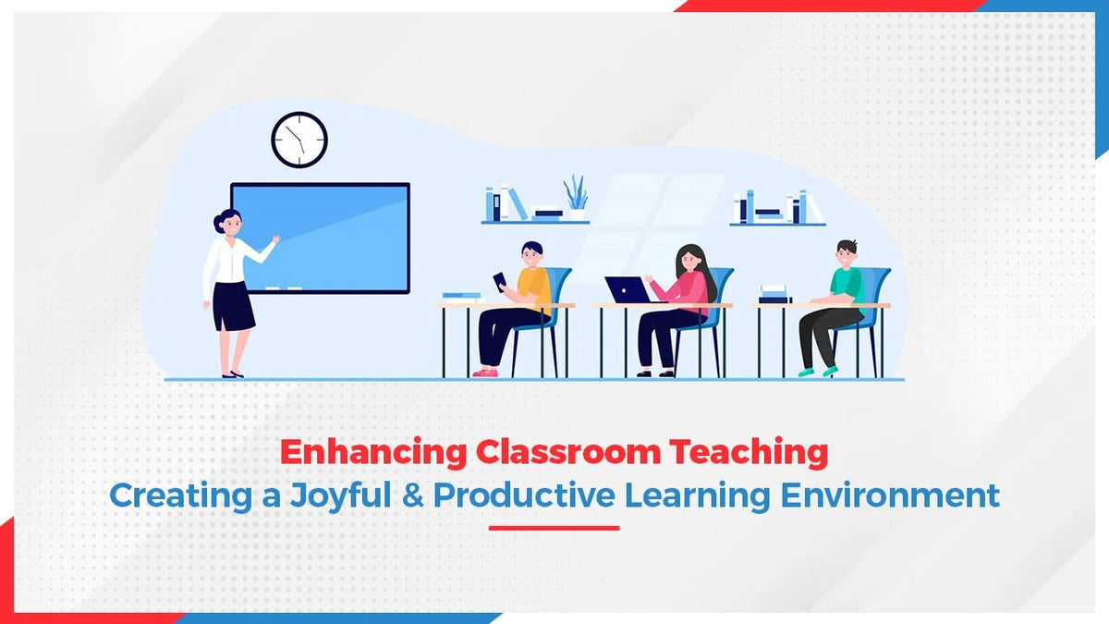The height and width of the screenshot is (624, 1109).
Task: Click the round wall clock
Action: [x=299, y=140]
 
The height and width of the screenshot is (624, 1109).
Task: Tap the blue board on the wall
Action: [x=320, y=238]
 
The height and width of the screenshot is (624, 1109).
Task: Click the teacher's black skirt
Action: [x=233, y=306]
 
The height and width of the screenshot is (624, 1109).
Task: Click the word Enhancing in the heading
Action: [x=374, y=453]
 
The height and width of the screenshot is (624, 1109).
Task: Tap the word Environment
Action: [x=890, y=495]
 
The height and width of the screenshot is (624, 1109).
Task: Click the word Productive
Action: [x=523, y=495]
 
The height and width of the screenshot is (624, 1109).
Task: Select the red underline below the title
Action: [x=554, y=528]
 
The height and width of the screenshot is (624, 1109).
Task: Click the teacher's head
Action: [x=227, y=222]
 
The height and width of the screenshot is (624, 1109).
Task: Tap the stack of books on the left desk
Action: [x=461, y=297]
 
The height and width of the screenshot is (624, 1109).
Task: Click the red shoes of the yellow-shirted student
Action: [x=485, y=372]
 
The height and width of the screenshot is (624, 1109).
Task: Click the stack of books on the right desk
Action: [x=775, y=294]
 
